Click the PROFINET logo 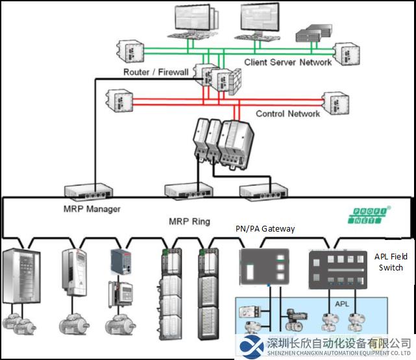[368, 215]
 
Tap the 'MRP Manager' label [92, 209]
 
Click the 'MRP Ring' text [190, 221]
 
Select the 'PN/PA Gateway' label [265, 228]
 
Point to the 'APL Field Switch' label [391, 262]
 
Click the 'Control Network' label [288, 114]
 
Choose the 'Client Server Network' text [288, 62]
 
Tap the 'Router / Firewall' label [156, 72]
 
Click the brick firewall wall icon [235, 82]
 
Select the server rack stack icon [314, 33]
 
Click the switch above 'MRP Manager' [88, 191]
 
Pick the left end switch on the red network [119, 101]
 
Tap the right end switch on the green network [347, 54]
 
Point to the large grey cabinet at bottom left [21, 276]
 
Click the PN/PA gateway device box [265, 267]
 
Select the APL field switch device [338, 270]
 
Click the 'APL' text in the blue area [342, 304]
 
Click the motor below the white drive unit [74, 324]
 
